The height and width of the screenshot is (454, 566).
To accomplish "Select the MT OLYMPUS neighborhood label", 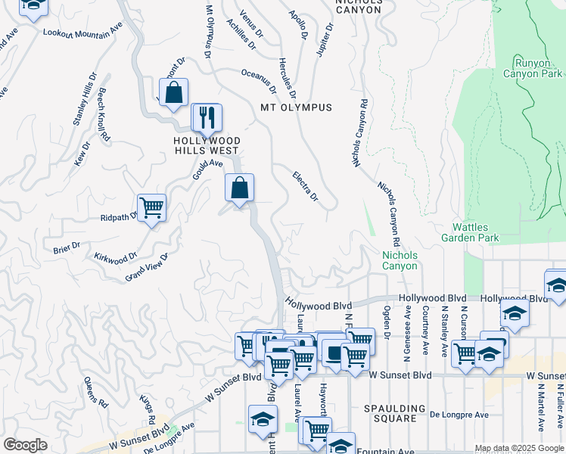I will point(296,107).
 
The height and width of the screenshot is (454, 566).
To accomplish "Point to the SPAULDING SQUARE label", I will point(390,413).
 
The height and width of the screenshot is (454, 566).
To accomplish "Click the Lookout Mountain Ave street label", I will point(82,32).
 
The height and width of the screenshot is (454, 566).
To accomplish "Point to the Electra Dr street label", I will point(305,186).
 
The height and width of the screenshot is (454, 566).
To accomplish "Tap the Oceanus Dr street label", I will point(262,74).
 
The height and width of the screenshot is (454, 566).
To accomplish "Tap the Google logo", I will point(25,445).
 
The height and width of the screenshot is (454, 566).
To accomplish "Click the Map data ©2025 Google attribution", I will point(518,449).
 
